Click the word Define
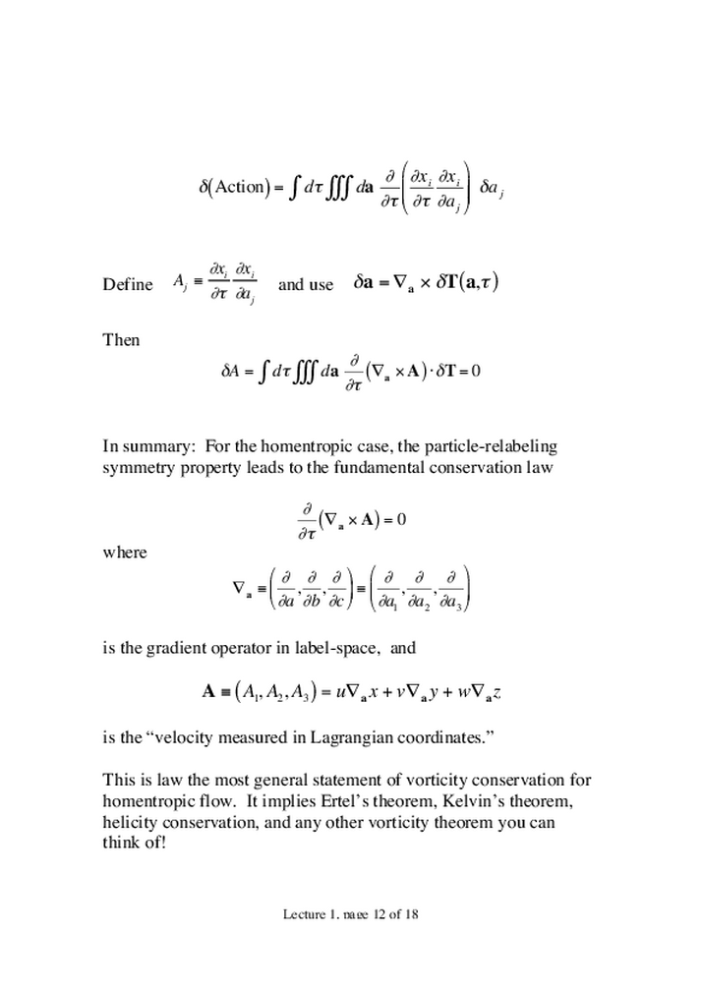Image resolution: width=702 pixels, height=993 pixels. click(x=128, y=285)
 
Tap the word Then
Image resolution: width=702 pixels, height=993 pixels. click(x=122, y=340)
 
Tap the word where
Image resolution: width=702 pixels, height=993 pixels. click(x=125, y=553)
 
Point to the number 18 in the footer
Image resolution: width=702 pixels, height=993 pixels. click(x=415, y=914)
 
